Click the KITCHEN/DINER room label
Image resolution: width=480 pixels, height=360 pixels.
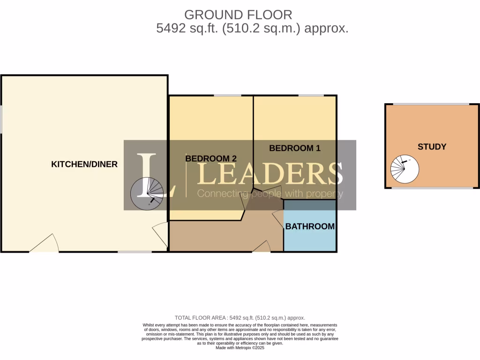coord(84,164)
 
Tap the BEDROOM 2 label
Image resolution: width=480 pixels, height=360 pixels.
coord(210,158)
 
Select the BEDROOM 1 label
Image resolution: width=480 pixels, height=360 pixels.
coord(294,148)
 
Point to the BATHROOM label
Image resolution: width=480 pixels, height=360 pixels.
coord(310,226)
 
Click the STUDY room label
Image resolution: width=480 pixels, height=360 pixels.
coord(432,147)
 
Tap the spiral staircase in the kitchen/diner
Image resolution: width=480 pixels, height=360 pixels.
coord(147,194)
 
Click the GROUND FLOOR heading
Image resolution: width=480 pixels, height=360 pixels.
coord(238,15)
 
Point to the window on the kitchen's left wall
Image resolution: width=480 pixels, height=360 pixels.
coord(1,119)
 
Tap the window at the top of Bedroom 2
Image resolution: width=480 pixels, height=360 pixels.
coord(227,96)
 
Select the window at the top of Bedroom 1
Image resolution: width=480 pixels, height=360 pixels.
coord(311,96)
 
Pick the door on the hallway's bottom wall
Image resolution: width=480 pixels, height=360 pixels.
coord(262,247)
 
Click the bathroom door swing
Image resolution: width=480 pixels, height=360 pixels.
coord(278,219)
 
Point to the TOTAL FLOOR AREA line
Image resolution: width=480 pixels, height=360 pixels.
coord(240,317)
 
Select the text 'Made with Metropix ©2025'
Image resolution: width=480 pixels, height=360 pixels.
coord(240,348)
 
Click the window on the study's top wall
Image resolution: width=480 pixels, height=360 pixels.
coord(430,104)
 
